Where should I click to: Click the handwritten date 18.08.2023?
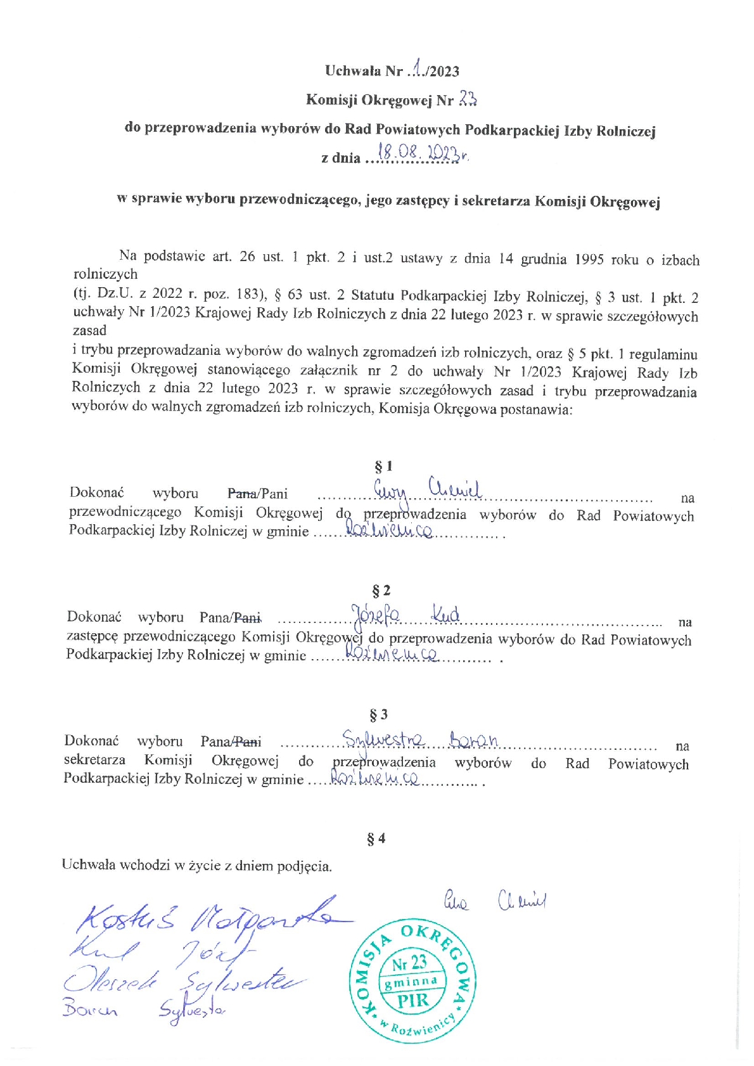click(421, 152)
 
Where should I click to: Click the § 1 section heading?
click(383, 466)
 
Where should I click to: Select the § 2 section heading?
click(381, 591)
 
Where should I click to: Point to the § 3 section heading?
click(378, 715)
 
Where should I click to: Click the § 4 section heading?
click(376, 838)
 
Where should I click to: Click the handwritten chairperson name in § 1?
click(428, 489)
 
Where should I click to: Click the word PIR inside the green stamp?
click(412, 1001)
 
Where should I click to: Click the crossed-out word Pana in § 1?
click(242, 494)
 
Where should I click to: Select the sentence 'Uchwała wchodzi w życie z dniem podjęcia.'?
click(197, 865)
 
